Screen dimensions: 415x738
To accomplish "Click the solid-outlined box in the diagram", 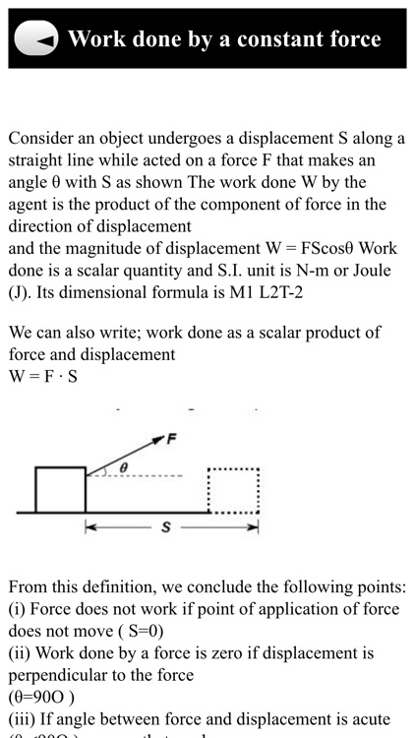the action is [60, 490].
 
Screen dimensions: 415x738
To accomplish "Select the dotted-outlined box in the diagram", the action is [233, 490].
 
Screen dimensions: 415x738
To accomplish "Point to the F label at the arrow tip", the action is [171, 439].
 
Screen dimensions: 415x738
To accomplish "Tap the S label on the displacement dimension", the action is [166, 527].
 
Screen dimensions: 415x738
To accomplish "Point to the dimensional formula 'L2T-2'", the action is [259, 291].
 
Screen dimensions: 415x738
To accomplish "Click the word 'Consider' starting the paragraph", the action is [42, 138].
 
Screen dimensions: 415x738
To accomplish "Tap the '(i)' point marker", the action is [19, 609].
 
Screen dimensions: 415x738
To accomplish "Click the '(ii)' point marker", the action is [22, 653].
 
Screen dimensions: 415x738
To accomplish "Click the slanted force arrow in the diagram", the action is [125, 455].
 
